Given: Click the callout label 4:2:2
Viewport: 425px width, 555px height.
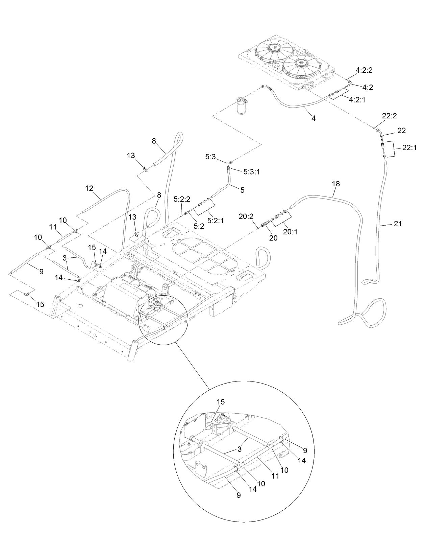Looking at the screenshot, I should pyautogui.click(x=364, y=71).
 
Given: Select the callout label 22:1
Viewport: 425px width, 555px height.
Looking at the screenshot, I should pyautogui.click(x=409, y=148).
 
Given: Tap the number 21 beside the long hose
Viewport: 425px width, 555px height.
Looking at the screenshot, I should pyautogui.click(x=398, y=224).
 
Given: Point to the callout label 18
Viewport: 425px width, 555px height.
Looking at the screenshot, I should pyautogui.click(x=336, y=184).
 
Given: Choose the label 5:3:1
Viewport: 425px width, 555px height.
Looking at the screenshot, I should pyautogui.click(x=252, y=172).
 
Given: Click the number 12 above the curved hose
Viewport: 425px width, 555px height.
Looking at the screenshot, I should pyautogui.click(x=89, y=188).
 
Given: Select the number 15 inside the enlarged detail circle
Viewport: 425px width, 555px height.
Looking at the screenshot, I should pyautogui.click(x=221, y=402).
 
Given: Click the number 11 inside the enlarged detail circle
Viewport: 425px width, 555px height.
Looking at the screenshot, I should pyautogui.click(x=275, y=476).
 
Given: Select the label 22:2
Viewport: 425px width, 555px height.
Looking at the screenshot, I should pyautogui.click(x=390, y=116).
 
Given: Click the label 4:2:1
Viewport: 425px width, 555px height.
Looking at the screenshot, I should pyautogui.click(x=357, y=100).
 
